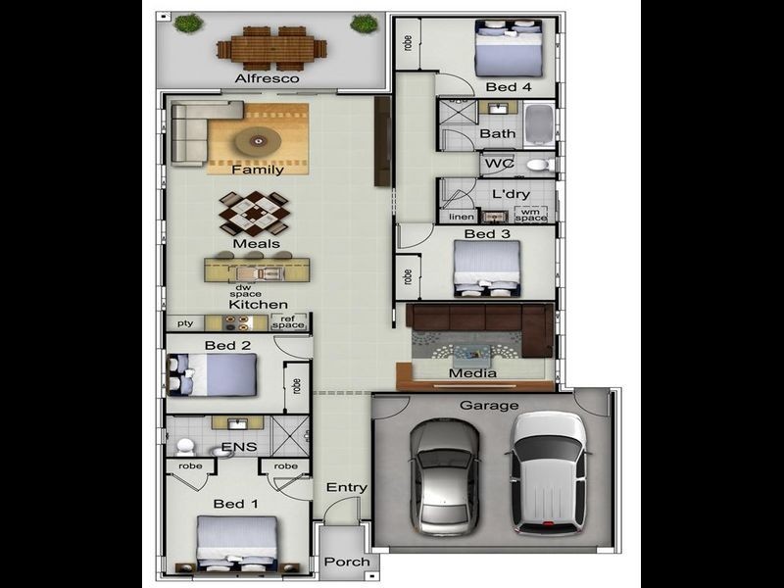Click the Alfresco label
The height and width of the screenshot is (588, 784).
267,78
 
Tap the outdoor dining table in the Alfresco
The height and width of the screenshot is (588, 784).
271,48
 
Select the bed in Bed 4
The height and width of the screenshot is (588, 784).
509,48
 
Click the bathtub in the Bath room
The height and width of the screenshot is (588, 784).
539,124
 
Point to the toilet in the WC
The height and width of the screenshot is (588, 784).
541,165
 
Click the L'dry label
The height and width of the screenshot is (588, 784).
511,193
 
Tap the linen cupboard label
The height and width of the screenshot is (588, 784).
461,217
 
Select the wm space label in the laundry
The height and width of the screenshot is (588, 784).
531,215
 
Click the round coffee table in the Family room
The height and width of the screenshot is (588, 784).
258,141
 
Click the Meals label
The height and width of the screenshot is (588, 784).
256,243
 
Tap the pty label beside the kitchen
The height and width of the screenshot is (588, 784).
185,323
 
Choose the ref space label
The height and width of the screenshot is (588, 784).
288,321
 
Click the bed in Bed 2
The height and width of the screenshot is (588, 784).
212,375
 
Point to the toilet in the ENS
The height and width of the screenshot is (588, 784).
185,446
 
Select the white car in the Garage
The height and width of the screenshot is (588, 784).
549,473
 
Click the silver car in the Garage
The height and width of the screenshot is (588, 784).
445,477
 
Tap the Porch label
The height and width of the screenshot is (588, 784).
347,562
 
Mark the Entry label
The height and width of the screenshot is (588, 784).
347,487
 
